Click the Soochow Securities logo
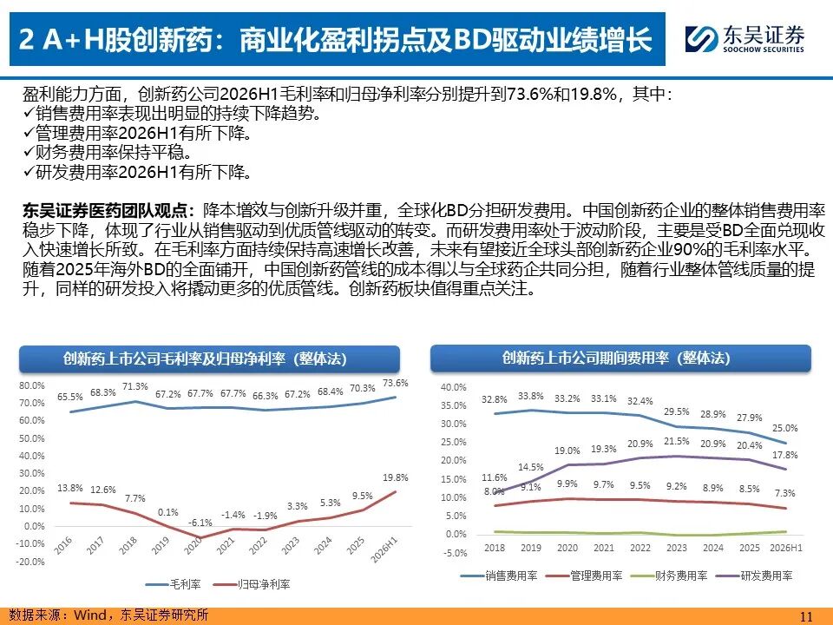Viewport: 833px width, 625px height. [744, 39]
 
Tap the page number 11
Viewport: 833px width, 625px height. [806, 616]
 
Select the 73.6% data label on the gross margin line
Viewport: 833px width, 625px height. [396, 383]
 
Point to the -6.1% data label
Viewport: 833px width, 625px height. [200, 523]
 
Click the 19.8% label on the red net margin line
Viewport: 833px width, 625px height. [396, 477]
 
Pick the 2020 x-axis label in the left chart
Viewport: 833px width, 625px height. [193, 546]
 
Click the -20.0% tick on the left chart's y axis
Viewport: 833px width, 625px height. [31, 562]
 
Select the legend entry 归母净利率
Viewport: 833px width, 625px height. [252, 584]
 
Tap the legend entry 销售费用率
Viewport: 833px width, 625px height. [500, 576]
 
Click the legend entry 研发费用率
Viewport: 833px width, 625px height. [754, 576]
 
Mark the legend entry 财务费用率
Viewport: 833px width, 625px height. [669, 576]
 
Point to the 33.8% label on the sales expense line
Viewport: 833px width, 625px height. [531, 396]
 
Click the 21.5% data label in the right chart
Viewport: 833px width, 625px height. [676, 441]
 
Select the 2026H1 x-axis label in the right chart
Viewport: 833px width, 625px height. [786, 548]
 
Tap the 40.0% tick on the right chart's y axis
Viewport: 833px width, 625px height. [453, 387]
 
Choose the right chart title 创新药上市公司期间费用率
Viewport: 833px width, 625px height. [586, 358]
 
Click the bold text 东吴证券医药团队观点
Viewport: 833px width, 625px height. [105, 210]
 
